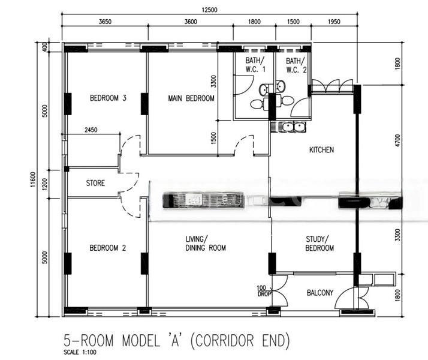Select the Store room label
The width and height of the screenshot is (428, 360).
point(95,183)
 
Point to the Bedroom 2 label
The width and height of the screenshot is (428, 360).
point(107,247)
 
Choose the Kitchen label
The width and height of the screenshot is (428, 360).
point(321,150)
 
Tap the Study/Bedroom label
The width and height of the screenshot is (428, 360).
point(320,244)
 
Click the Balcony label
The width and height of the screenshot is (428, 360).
point(320,293)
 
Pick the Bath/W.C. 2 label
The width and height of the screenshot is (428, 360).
point(296,65)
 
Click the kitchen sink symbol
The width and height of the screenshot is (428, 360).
point(289,127)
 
